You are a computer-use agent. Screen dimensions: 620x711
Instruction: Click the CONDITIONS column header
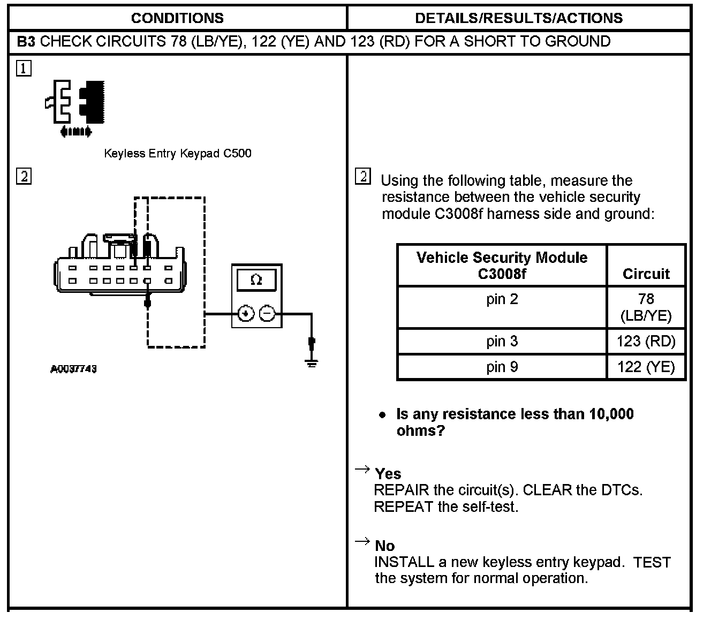click(177, 18)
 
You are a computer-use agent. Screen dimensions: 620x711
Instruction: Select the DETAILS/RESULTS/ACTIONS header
click(518, 18)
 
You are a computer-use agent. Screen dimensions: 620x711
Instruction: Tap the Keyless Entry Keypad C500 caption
click(177, 154)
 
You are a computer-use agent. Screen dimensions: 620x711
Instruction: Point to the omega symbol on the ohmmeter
click(256, 280)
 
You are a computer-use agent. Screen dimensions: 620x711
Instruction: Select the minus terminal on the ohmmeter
click(268, 314)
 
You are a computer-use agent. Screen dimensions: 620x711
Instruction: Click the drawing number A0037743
click(74, 369)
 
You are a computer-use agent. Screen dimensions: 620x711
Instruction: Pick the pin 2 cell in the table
click(502, 299)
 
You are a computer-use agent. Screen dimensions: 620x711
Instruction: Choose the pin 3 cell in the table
click(502, 342)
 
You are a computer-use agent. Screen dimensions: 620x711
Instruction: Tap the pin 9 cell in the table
click(502, 367)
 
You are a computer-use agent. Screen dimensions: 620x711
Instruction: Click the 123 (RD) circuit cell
click(646, 342)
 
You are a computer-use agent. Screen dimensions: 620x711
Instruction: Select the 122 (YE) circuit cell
click(646, 367)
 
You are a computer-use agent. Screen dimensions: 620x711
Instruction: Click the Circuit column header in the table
click(646, 274)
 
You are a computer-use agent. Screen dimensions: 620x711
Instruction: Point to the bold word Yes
click(388, 474)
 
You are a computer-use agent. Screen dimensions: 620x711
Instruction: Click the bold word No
click(384, 546)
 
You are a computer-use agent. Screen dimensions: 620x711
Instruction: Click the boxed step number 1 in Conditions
click(24, 69)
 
